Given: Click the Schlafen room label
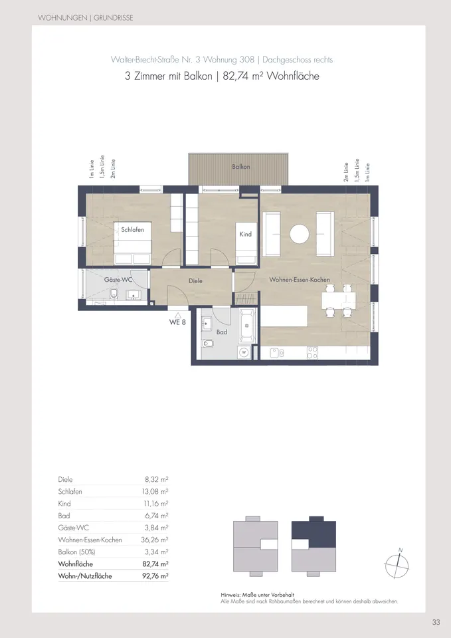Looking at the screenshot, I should [x=132, y=230].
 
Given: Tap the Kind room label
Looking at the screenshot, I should [x=245, y=235].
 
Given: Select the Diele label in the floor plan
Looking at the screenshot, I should [x=195, y=281].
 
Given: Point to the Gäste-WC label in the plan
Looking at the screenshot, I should [x=119, y=280].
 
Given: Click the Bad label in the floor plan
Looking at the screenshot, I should [x=222, y=331].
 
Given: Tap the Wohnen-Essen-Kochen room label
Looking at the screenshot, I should [x=300, y=280].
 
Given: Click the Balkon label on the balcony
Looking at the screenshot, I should [x=241, y=167].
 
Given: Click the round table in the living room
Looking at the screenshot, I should [x=300, y=234].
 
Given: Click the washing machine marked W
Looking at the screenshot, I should [x=244, y=352].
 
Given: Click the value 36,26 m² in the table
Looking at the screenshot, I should [x=156, y=540].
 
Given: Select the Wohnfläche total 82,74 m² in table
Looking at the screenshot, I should [x=155, y=564].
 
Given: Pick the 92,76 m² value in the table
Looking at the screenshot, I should [x=155, y=576].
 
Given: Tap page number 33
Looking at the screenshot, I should [x=436, y=622].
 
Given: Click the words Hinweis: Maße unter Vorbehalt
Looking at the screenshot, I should [x=257, y=595].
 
